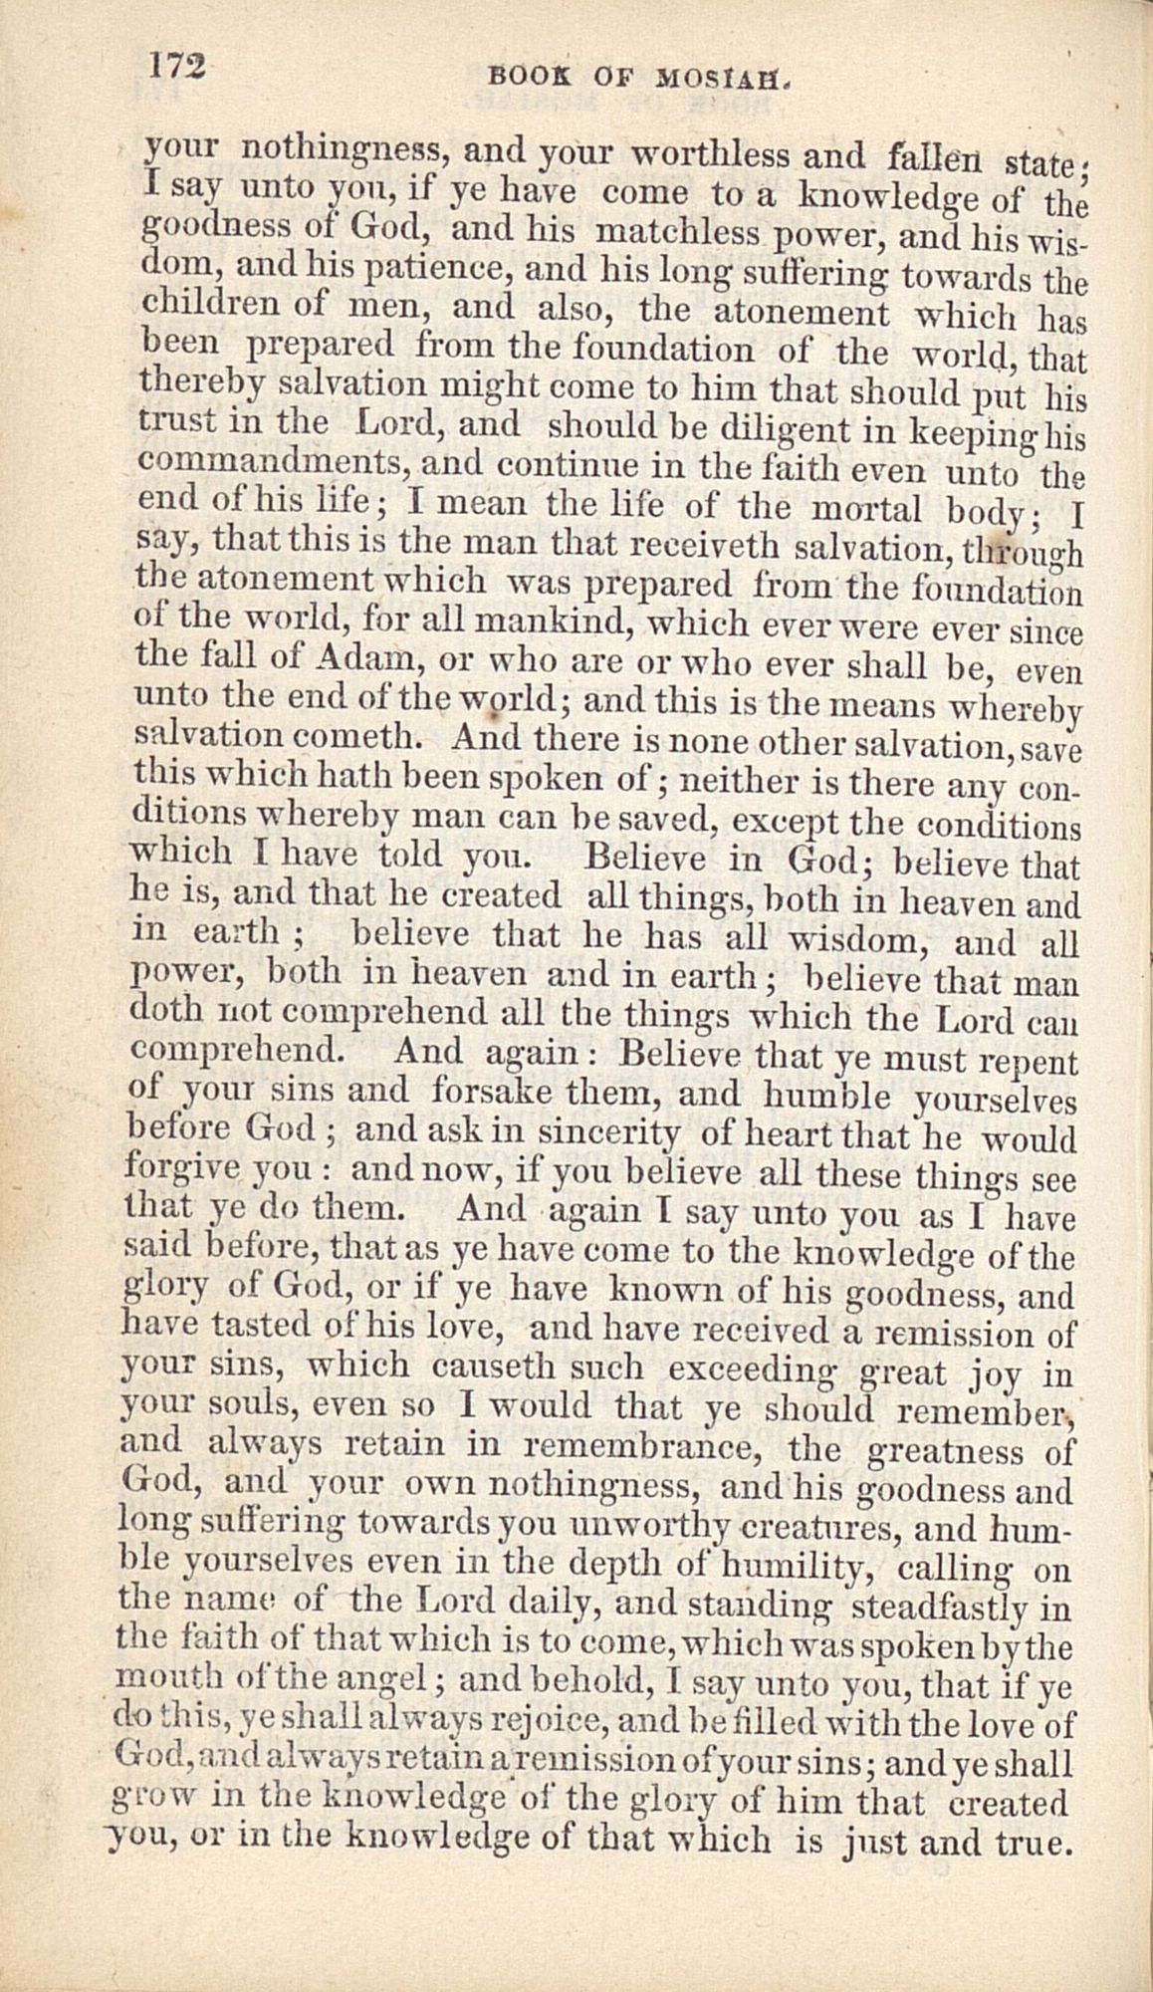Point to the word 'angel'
pyautogui.click(x=386, y=1684)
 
